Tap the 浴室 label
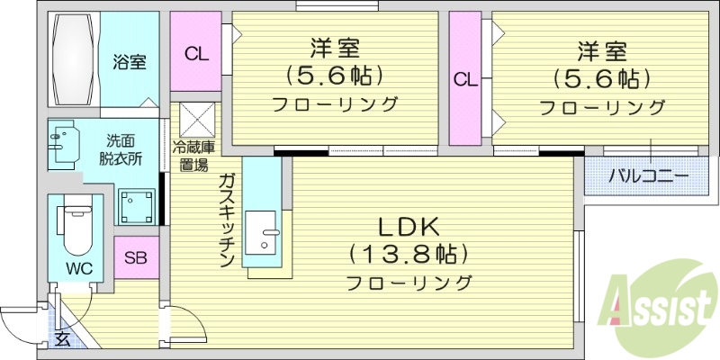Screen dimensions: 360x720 [x=130, y=63]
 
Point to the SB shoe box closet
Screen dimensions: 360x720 [x=136, y=258]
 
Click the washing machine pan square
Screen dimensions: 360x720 [x=138, y=205]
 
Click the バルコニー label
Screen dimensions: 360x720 [x=648, y=175]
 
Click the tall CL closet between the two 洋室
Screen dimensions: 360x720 [x=465, y=79]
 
